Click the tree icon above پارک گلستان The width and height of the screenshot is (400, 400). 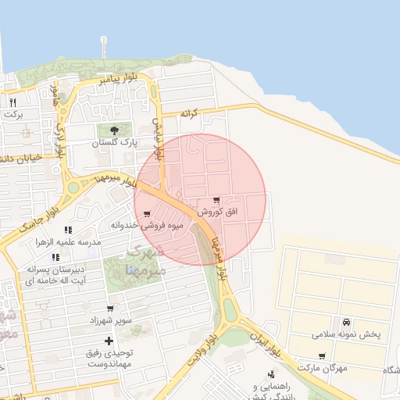pyautogui.click(x=115, y=130)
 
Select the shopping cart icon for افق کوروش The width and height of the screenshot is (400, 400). pyautogui.click(x=216, y=200)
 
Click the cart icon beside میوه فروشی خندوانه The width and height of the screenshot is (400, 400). pyautogui.click(x=147, y=213)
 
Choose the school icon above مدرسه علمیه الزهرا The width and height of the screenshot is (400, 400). pyautogui.click(x=68, y=230)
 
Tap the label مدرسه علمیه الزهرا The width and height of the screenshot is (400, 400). pyautogui.click(x=68, y=242)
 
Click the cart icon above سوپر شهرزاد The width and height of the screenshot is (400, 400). pyautogui.click(x=109, y=308)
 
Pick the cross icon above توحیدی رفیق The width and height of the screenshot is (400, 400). pyautogui.click(x=109, y=341)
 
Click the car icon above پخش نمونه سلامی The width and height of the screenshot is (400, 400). pyautogui.click(x=345, y=322)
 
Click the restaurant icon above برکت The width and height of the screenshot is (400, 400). pyautogui.click(x=12, y=102)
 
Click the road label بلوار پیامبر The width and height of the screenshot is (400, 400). pyautogui.click(x=120, y=80)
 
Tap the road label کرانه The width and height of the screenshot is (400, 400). pyautogui.click(x=191, y=113)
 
